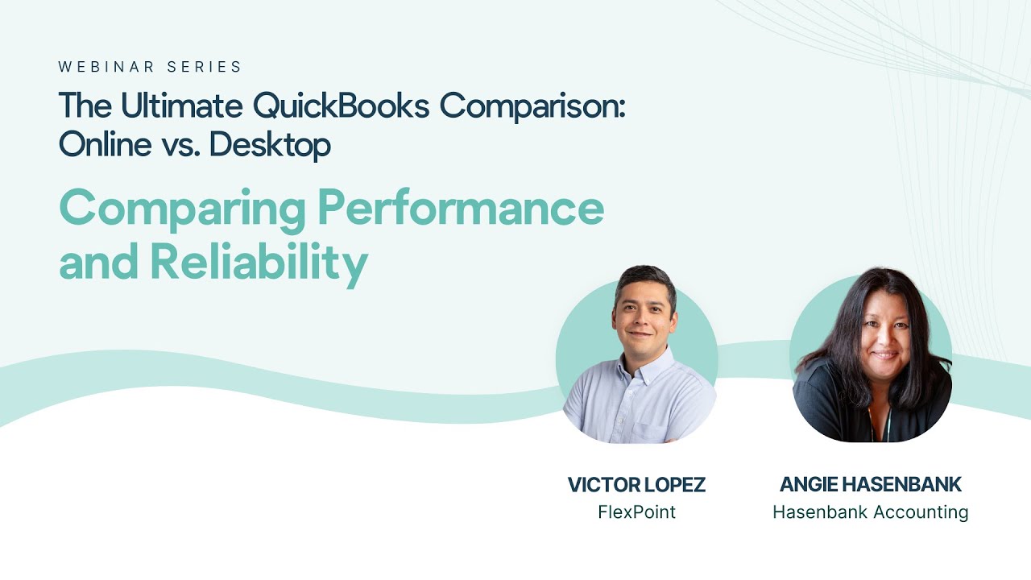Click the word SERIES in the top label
(x=208, y=68)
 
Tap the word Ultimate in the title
(x=183, y=106)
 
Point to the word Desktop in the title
(x=269, y=145)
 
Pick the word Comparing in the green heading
(x=182, y=209)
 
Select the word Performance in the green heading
(x=460, y=208)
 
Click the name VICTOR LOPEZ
(x=636, y=485)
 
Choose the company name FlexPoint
(x=636, y=512)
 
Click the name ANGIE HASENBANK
(x=871, y=485)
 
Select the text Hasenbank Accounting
(x=871, y=512)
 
